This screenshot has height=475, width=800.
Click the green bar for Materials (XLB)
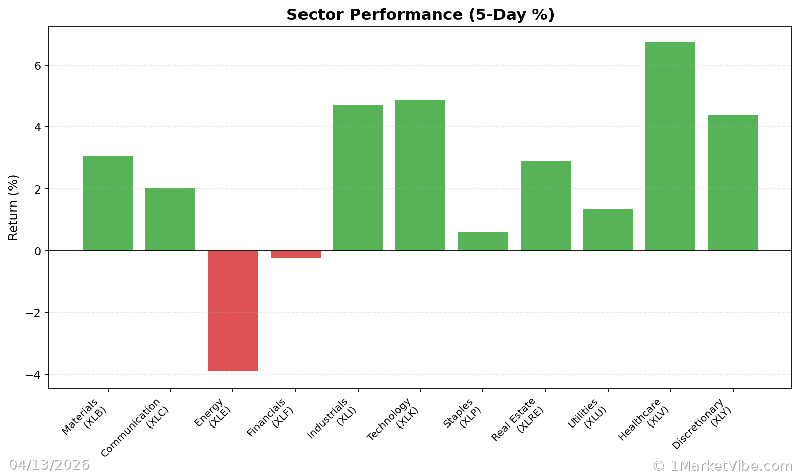coord(108,203)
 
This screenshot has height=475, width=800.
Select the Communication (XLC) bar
coord(170,220)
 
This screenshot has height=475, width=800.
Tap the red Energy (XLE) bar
coord(233,311)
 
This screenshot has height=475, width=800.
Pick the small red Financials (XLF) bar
coord(295,254)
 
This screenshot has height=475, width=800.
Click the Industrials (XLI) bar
coord(358,178)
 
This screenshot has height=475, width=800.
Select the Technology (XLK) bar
coord(420,175)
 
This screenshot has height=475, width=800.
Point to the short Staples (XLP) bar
coord(483,242)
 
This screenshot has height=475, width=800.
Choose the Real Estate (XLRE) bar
coord(545,206)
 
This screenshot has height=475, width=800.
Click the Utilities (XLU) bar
coord(608,230)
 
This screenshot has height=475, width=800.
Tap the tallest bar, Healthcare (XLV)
coord(670,147)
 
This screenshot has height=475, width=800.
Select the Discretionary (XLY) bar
coord(733,183)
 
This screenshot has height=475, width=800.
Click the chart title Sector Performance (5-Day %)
coord(420,15)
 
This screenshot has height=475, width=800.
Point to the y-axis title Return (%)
coord(13,207)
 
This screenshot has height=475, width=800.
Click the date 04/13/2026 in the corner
coord(49,465)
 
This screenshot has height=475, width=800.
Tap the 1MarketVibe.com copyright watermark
coord(722,466)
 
